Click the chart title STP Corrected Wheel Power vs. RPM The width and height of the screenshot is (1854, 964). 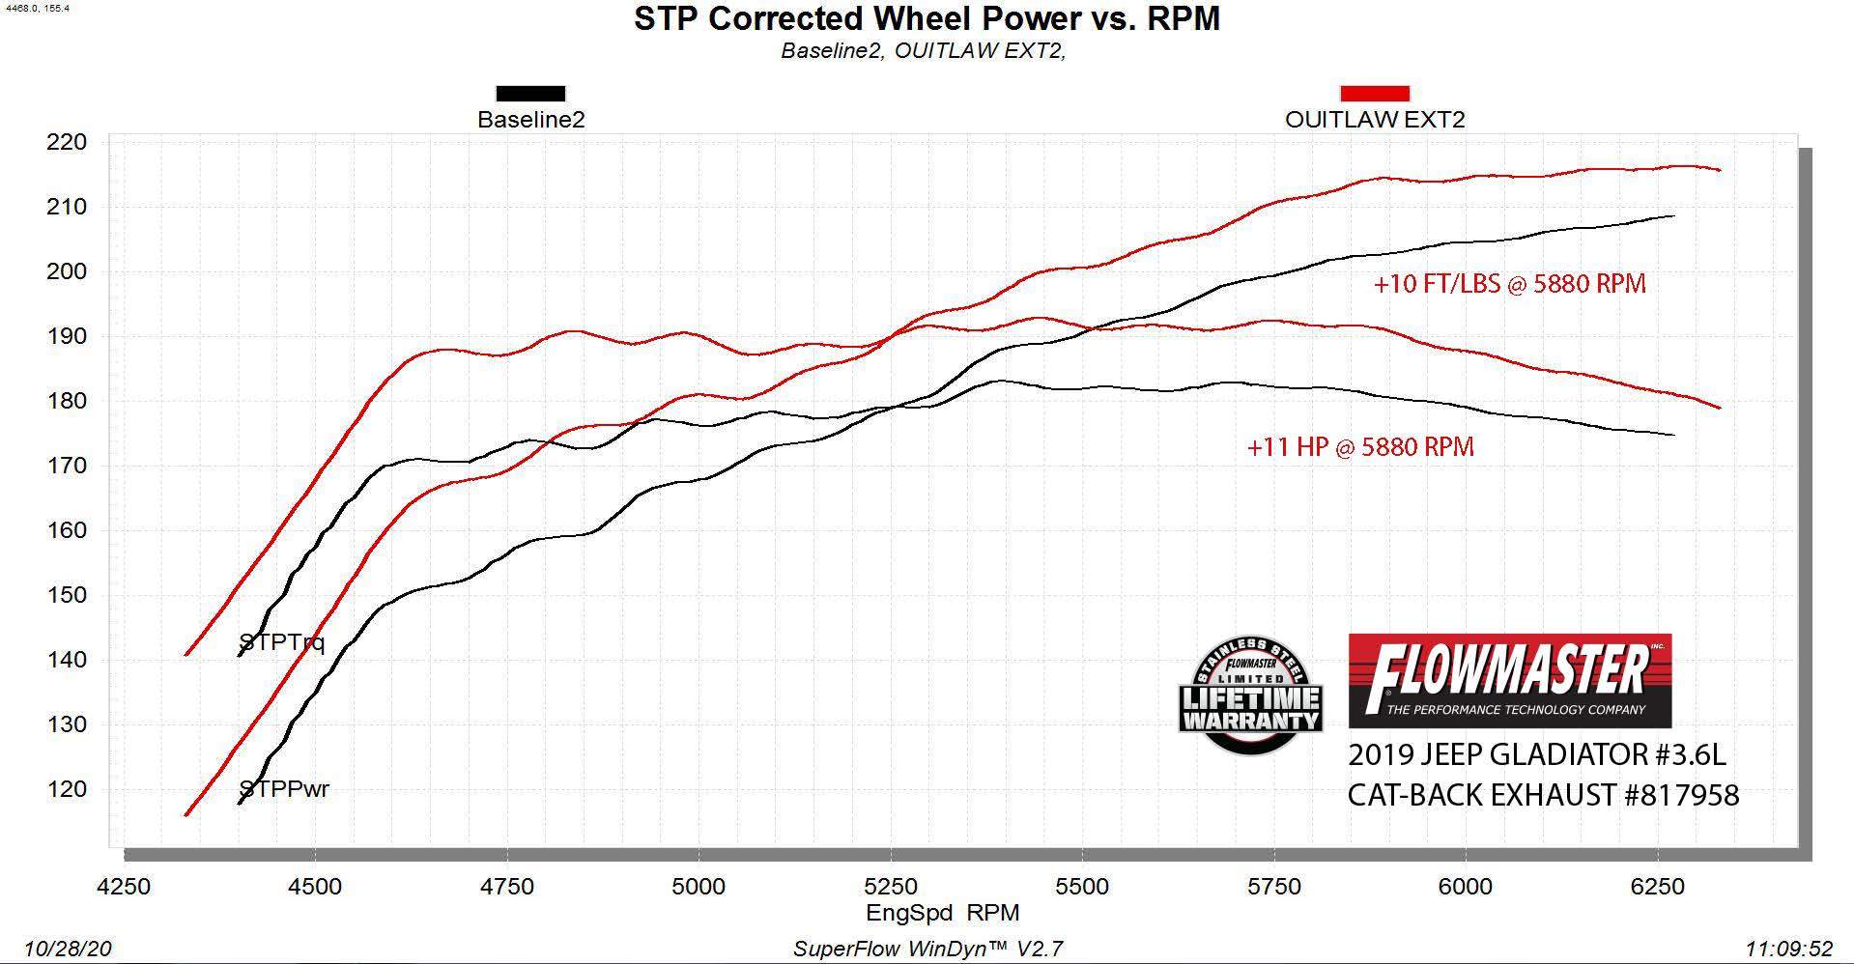coord(927,18)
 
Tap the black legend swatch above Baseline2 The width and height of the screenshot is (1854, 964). coord(530,94)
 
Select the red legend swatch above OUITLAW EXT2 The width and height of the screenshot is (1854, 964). coord(1374,94)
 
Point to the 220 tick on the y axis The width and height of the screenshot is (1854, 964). coord(67,142)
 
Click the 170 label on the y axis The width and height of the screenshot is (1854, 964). coord(67,466)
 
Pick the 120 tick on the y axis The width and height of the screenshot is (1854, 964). coord(67,789)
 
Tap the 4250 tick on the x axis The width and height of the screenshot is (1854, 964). coord(125,886)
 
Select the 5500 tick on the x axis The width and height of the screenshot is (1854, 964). coord(1082,886)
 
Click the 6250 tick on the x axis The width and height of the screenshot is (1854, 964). coord(1657,886)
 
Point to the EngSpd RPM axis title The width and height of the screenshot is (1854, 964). coord(942,913)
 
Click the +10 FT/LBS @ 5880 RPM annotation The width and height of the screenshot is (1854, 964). coord(1509,283)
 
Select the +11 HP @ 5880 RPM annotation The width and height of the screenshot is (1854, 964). coord(1360,446)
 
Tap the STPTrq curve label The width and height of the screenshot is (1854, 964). coord(281,642)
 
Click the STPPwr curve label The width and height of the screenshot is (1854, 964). coord(284,789)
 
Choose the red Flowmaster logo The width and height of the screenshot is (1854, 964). coord(1509,680)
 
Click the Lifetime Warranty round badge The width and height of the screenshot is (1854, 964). coord(1250,695)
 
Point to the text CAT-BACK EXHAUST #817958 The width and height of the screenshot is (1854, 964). coord(1543,795)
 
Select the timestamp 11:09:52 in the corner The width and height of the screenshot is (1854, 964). coord(1788,949)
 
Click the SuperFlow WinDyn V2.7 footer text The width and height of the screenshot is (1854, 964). coord(927,949)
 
